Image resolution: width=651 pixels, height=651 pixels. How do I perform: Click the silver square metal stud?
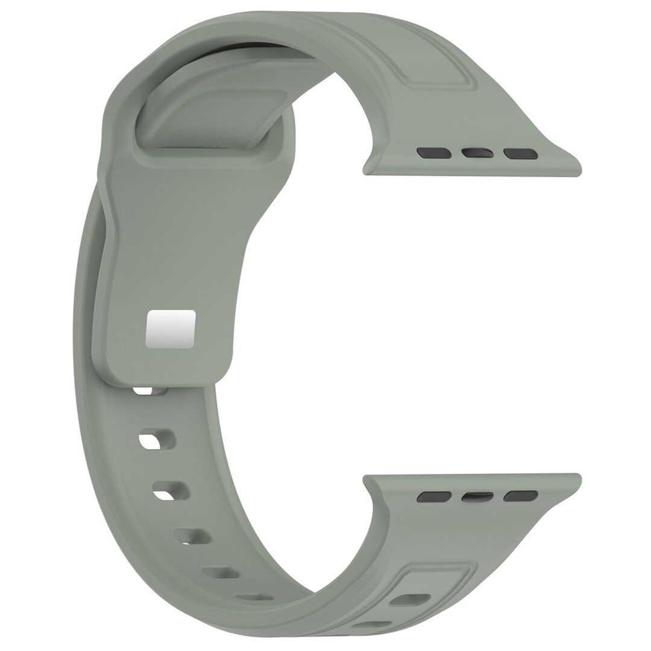pyautogui.click(x=171, y=329)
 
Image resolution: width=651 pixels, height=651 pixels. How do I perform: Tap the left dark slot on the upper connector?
pyautogui.click(x=434, y=153)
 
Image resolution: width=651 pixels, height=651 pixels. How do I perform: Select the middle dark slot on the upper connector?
pyautogui.click(x=477, y=153)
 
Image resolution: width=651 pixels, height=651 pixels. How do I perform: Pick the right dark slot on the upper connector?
pyautogui.click(x=521, y=154)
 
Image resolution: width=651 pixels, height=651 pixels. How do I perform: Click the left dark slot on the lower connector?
pyautogui.click(x=434, y=497)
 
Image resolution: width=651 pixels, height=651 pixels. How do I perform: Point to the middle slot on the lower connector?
pyautogui.click(x=477, y=497)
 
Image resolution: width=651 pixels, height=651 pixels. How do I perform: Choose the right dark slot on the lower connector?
pyautogui.click(x=521, y=495)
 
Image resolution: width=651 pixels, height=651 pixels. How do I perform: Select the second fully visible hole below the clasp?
pyautogui.click(x=171, y=489)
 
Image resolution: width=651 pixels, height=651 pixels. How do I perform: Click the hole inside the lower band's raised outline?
pyautogui.click(x=410, y=599)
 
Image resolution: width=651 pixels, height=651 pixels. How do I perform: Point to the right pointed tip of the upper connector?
pyautogui.click(x=577, y=169)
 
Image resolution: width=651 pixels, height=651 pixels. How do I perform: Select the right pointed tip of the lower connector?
pyautogui.click(x=577, y=480)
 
